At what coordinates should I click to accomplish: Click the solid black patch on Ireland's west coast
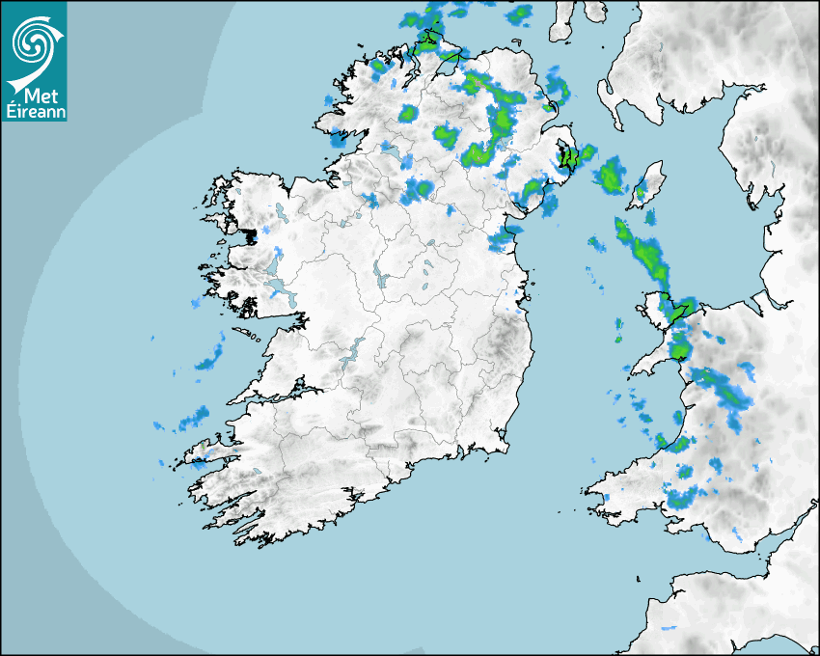[251, 233]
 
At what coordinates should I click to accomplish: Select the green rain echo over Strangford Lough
[568, 157]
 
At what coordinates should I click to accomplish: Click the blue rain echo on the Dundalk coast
[502, 240]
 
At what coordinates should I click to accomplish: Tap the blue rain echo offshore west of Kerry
[193, 419]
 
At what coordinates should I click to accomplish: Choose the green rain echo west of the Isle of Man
[609, 177]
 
